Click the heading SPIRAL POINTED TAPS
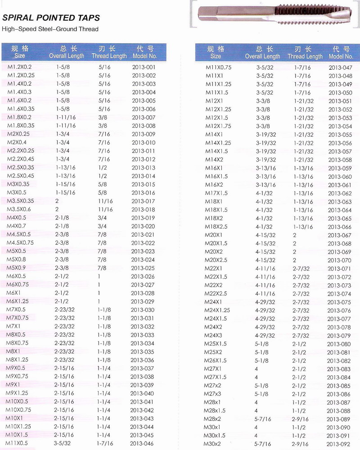[x=51, y=18]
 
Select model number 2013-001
[x=144, y=67]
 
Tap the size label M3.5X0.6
[x=18, y=209]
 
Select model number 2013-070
[x=339, y=260]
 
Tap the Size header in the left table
[x=20, y=52]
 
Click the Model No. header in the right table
[x=341, y=53]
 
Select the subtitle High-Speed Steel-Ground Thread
[x=50, y=29]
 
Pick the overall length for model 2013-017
[x=57, y=201]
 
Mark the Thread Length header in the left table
[x=109, y=52]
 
